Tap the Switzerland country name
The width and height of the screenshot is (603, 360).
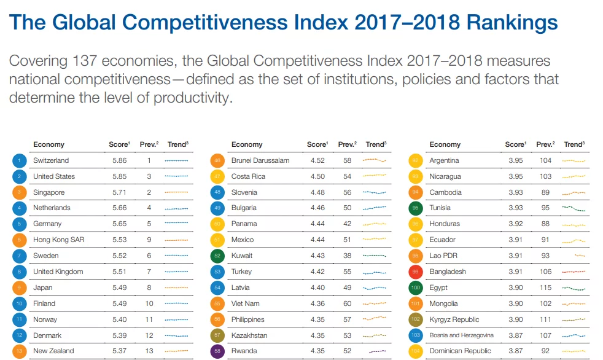[51, 160]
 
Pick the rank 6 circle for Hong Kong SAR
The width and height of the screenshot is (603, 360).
[20, 240]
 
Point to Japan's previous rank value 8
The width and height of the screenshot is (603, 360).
[149, 288]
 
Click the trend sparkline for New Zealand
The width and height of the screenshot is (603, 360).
[177, 351]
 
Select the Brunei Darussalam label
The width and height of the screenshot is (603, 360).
[260, 160]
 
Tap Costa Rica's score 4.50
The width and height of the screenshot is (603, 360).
[317, 176]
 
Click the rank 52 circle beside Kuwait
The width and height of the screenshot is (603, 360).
[218, 256]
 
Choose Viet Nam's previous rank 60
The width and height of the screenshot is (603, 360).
[347, 303]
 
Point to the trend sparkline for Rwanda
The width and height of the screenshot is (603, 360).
[376, 351]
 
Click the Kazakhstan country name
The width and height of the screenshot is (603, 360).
[249, 335]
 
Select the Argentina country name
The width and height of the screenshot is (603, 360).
[444, 160]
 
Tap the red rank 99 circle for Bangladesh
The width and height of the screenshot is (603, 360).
[416, 272]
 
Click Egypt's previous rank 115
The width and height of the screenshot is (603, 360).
[545, 288]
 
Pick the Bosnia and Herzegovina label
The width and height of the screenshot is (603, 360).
[461, 335]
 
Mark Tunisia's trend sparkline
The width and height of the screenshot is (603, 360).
[574, 208]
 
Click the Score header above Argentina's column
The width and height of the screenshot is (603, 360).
[515, 144]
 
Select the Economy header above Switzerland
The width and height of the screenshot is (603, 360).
[49, 144]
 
